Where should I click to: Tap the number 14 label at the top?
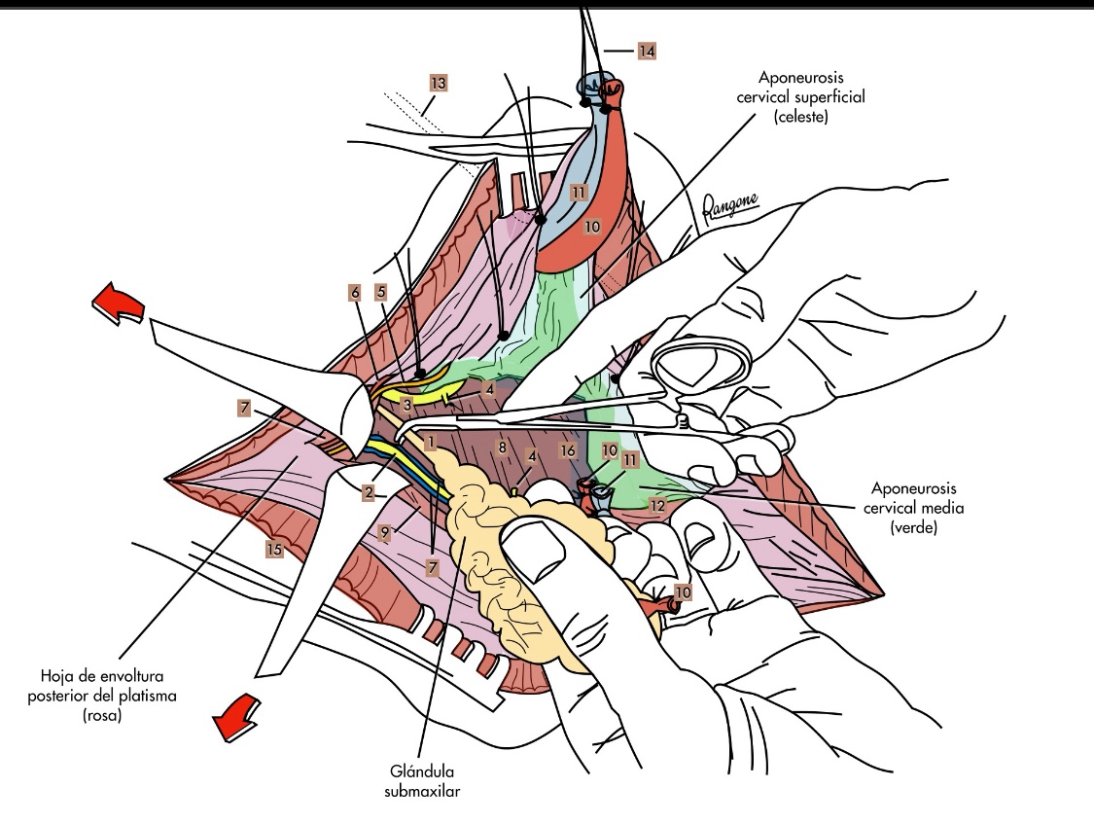pos(647,49)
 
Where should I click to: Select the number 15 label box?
pos(275,550)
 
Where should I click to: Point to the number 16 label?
pos(569,450)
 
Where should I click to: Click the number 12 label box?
pos(657,505)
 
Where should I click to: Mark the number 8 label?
pos(503,449)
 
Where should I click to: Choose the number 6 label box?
pos(355,291)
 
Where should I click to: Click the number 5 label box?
pos(381,291)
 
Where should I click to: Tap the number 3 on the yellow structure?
pos(407,402)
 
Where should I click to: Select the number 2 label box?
pos(369,492)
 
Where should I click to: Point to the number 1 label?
pos(429,443)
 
